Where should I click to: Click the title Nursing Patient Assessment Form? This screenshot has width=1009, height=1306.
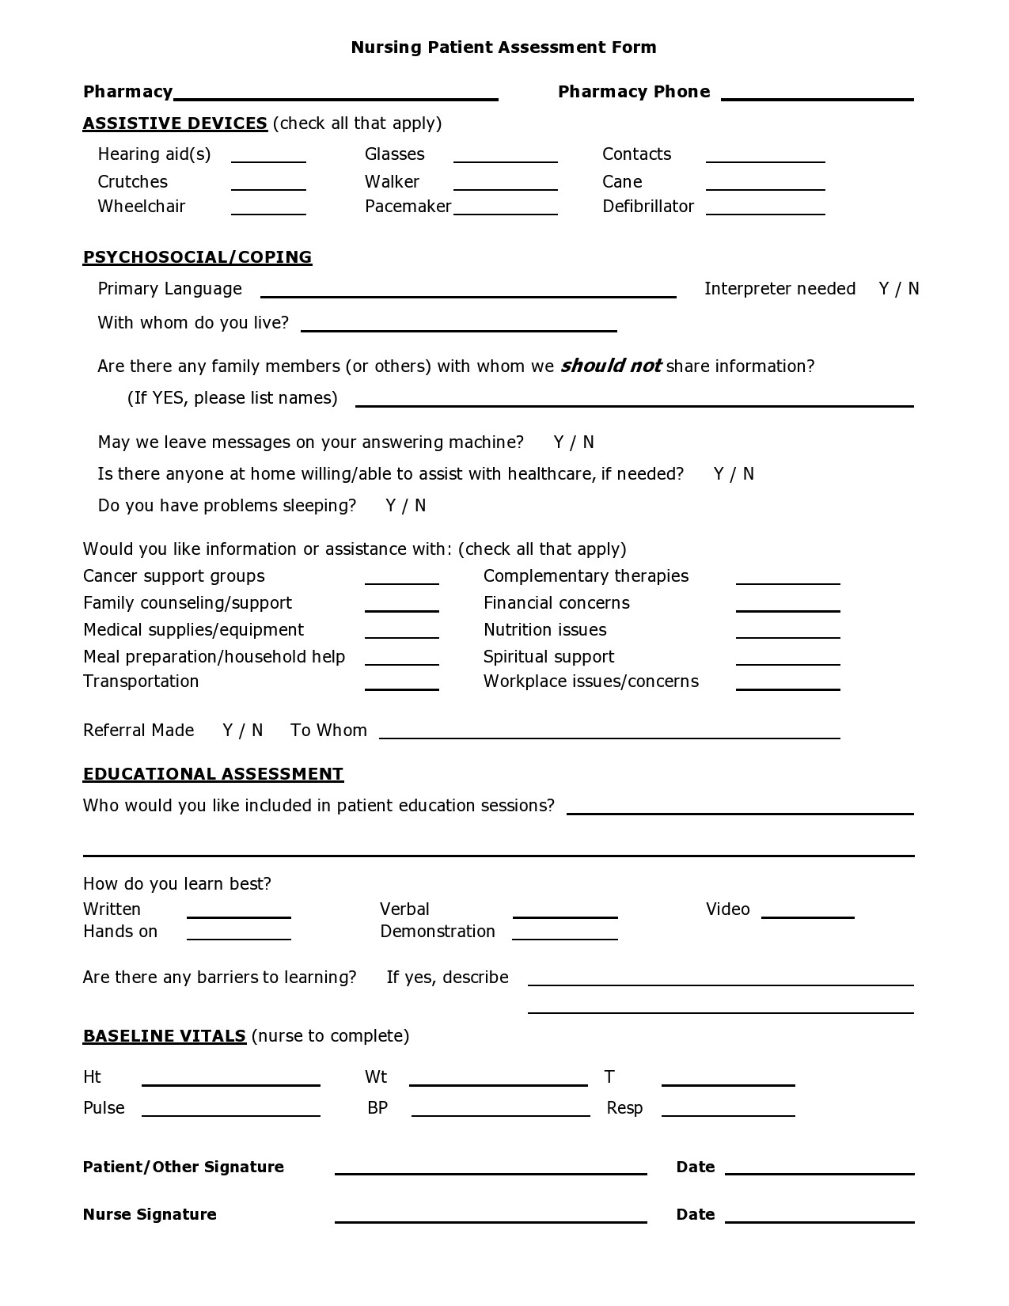coord(503,47)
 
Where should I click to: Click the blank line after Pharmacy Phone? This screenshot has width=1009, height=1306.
coord(817,93)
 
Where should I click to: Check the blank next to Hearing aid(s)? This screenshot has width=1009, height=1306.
coord(268,156)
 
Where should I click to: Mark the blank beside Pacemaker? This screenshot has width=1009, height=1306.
coord(505,208)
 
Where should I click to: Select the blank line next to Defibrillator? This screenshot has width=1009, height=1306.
coord(764,208)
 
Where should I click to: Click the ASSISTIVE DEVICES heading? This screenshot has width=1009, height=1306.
coord(175,123)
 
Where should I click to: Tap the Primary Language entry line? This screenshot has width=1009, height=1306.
coord(468,290)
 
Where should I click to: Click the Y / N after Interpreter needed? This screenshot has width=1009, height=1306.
coord(898,289)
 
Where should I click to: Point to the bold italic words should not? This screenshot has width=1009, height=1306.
coord(610,366)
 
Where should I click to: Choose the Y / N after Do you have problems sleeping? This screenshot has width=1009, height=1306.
coord(405,506)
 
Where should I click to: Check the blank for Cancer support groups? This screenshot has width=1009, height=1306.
coord(401,578)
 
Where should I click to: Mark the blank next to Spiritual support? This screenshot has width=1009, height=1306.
coord(787,659)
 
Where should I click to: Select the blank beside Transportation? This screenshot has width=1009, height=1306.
coord(401,684)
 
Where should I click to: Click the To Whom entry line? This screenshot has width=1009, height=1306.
coord(609,732)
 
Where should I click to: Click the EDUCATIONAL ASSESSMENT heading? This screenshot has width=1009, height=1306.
coord(213,774)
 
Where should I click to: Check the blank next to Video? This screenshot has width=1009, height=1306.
coord(807,911)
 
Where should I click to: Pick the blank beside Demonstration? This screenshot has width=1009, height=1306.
coord(564,933)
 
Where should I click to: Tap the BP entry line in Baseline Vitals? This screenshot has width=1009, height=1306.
coord(500,1110)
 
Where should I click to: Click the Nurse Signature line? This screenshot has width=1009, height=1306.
coord(490,1217)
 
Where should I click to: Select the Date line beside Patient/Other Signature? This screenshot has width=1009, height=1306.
coord(819,1168)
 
